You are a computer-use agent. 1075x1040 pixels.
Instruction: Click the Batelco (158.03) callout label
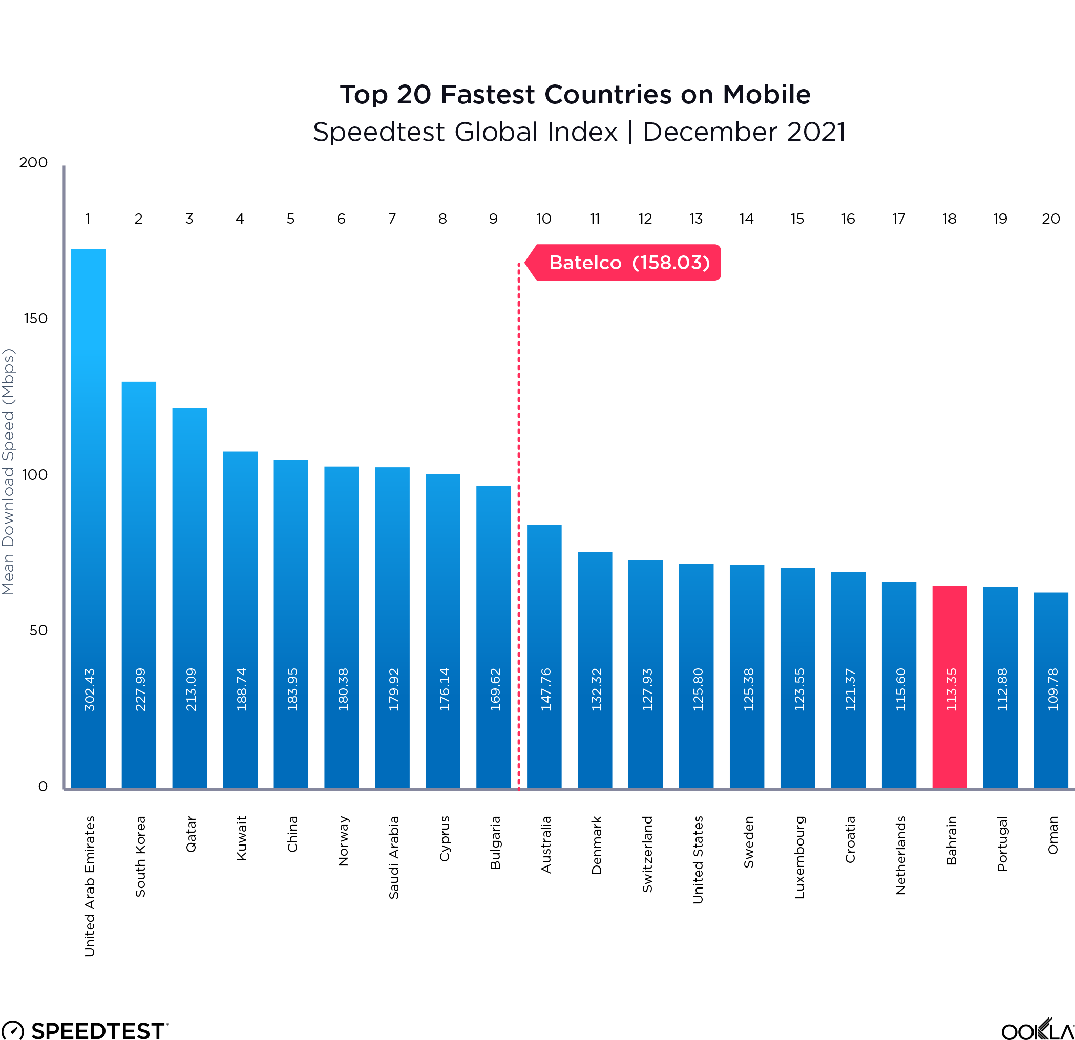point(628,263)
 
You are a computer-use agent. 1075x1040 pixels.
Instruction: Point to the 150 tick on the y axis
point(36,318)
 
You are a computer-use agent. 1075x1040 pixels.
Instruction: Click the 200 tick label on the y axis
point(33,162)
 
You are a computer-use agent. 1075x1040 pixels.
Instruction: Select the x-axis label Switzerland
point(647,854)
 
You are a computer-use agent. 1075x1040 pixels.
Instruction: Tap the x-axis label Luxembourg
point(799,857)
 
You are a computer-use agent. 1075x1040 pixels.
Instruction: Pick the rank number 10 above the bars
point(543,219)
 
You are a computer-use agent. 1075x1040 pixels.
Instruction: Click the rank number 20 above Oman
point(1050,219)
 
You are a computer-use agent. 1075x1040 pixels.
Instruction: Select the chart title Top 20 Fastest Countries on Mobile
point(575,94)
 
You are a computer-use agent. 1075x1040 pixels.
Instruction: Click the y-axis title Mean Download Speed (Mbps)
point(8,471)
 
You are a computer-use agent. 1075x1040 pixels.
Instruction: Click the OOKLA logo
point(1037,1030)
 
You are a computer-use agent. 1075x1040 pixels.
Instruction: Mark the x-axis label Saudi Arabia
point(394,857)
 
